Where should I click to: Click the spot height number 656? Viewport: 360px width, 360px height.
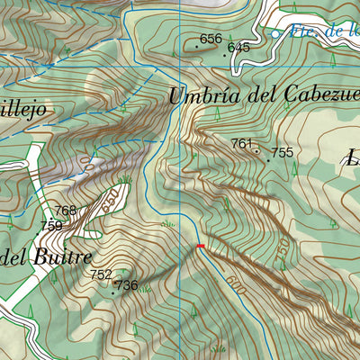[211, 39]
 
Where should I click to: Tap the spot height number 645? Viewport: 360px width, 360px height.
[238, 48]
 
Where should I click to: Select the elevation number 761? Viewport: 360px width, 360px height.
[242, 144]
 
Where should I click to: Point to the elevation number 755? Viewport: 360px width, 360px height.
[282, 153]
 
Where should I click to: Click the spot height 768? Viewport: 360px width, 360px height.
[66, 211]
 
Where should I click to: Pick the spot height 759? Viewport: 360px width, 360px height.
[51, 226]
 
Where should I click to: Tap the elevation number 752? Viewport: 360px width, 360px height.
[102, 274]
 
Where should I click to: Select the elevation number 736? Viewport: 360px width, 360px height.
[127, 285]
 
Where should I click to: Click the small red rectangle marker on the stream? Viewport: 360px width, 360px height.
[201, 246]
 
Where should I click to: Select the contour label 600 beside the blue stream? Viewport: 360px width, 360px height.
[237, 283]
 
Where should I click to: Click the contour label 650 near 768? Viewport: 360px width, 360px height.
[110, 202]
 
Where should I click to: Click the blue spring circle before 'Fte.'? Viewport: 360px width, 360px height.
[275, 33]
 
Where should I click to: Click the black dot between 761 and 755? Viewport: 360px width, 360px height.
[257, 151]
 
